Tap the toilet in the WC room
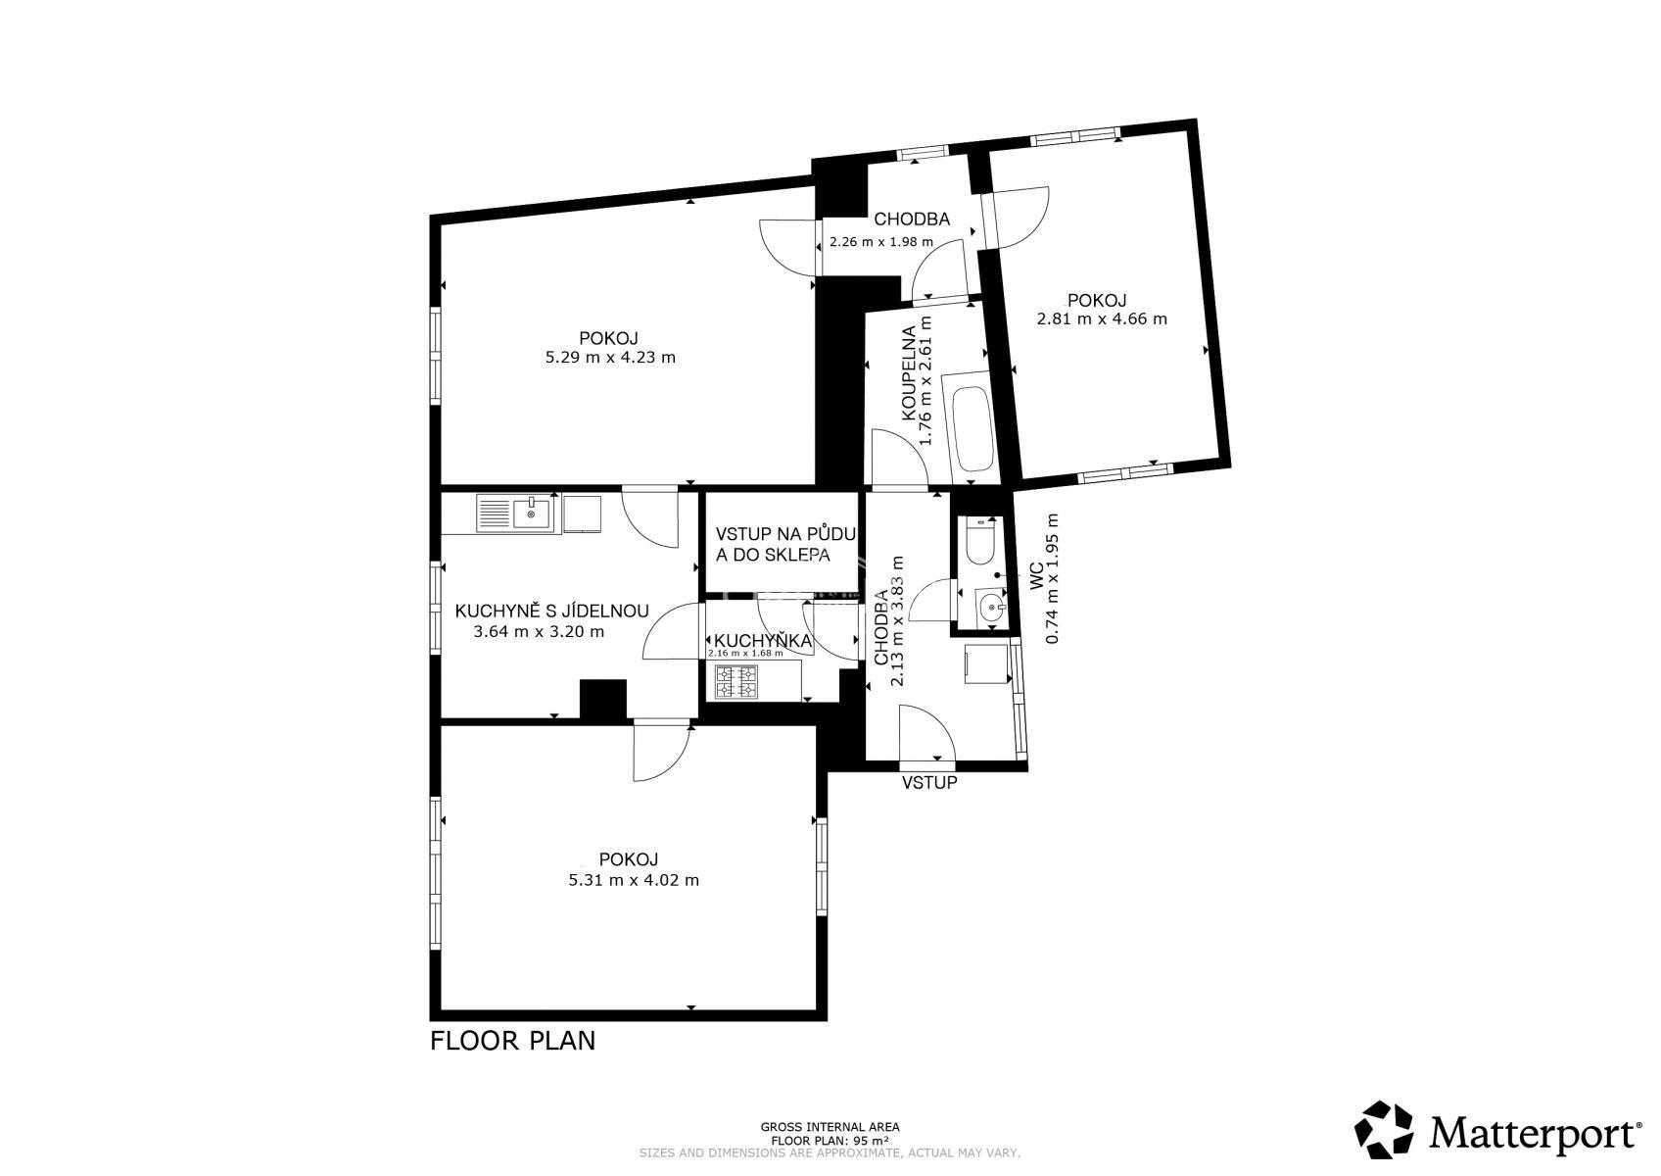point(980,543)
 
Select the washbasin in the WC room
point(991,610)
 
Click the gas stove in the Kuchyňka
point(736,682)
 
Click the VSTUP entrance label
point(929,783)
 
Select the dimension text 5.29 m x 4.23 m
point(610,358)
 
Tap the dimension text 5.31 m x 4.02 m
point(634,881)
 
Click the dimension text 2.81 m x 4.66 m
point(1102,319)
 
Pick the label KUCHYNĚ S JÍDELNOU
point(551,611)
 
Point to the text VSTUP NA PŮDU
point(785,533)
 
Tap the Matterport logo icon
point(1384,1129)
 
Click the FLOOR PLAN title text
point(512,1041)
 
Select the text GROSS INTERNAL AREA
point(830,1127)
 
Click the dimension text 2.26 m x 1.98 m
point(880,242)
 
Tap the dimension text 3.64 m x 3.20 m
point(539,632)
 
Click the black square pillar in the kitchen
point(602,699)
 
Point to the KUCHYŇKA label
point(763,640)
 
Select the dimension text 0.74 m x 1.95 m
point(1052,578)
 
